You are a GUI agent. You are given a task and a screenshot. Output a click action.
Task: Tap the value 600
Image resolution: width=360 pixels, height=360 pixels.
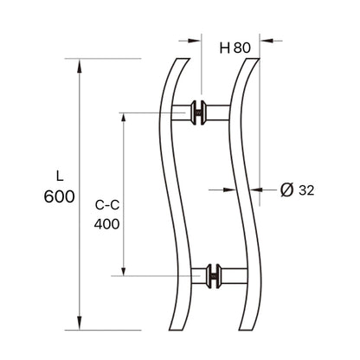[57, 196]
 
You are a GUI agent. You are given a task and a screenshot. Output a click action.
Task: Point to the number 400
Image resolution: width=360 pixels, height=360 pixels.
[106, 222]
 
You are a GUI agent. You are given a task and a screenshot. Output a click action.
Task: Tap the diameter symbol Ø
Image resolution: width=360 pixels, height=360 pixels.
[286, 188]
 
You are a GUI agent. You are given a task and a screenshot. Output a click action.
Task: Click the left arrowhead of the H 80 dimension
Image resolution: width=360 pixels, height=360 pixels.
[195, 39]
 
